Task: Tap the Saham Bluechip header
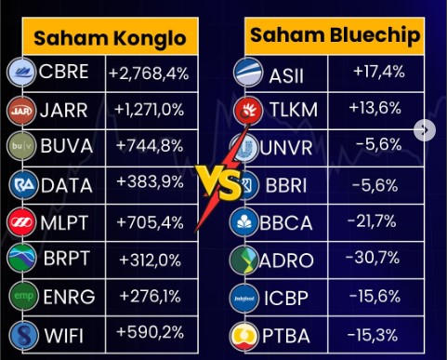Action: point(335,37)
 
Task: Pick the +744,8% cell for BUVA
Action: point(149,146)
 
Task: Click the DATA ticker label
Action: point(67,183)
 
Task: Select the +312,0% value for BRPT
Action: point(149,259)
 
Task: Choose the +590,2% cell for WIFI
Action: point(149,332)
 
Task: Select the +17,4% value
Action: point(377,72)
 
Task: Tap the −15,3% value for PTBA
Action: point(377,333)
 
